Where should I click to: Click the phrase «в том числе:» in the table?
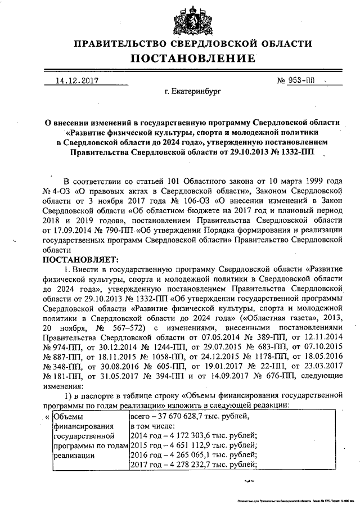click(151, 426)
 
